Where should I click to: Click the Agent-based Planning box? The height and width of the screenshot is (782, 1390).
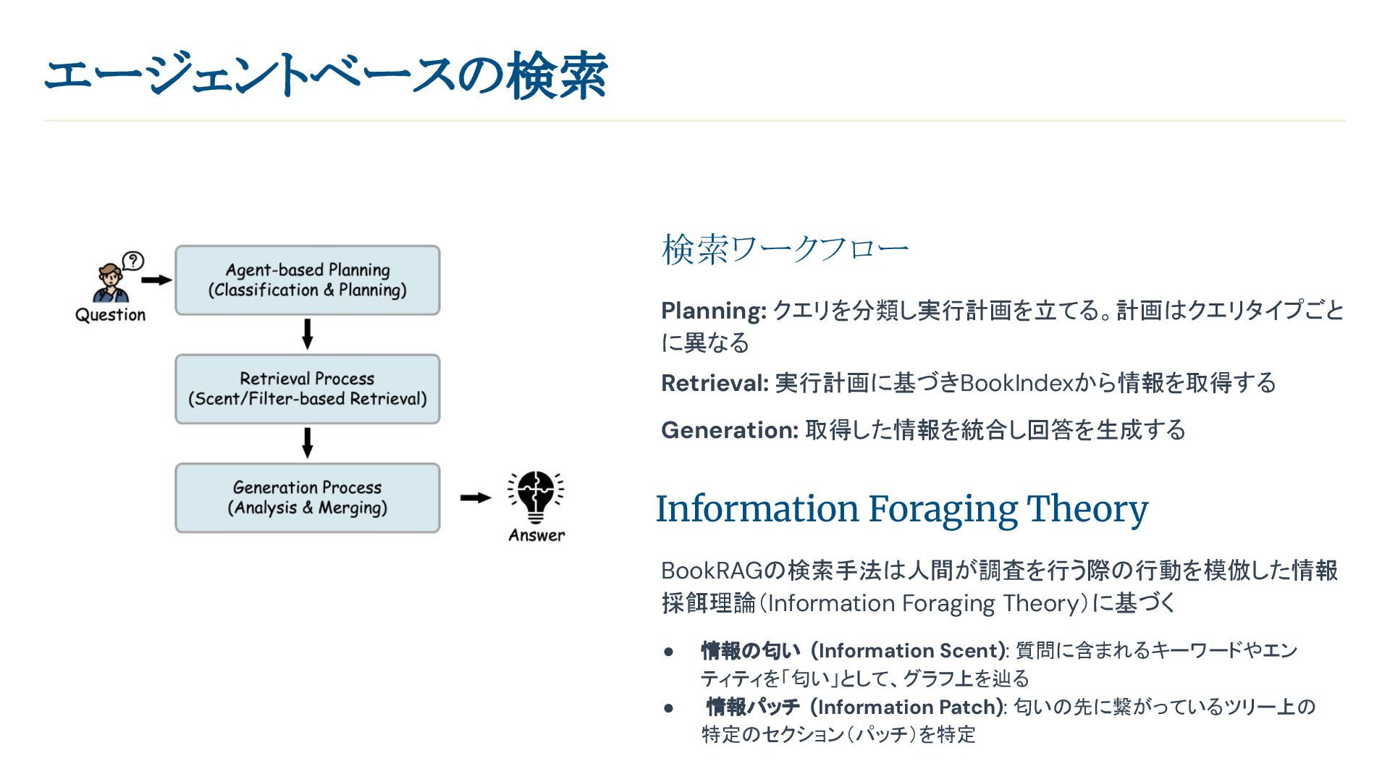click(307, 280)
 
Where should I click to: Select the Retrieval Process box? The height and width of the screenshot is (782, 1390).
click(307, 389)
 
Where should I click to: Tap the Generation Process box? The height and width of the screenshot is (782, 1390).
click(307, 498)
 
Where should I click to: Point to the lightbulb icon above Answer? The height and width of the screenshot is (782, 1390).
click(536, 497)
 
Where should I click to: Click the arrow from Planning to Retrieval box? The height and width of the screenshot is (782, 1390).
click(307, 334)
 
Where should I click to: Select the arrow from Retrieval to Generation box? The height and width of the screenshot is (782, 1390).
click(307, 442)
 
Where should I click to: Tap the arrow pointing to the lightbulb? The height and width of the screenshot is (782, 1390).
click(475, 497)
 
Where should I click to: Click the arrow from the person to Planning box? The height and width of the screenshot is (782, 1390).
click(156, 280)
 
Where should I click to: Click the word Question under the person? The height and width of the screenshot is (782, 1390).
click(111, 315)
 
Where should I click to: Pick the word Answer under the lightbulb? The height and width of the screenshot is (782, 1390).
click(536, 536)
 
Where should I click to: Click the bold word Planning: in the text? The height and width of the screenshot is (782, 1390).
click(713, 311)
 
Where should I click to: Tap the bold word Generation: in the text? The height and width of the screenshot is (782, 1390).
click(729, 430)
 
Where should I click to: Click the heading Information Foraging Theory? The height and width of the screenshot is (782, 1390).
click(901, 509)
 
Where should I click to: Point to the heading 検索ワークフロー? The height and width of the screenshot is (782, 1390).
click(785, 249)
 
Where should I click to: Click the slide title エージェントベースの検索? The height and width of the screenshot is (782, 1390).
click(326, 75)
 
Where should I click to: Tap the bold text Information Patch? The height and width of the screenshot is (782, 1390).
click(909, 707)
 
